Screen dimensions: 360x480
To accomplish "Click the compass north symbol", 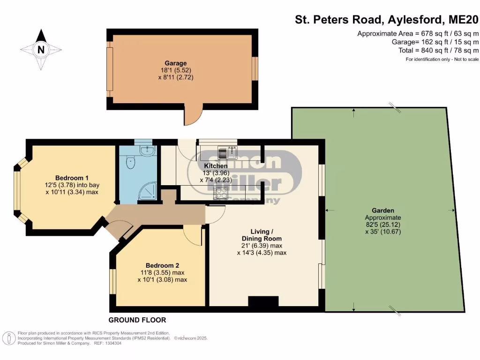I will pyautogui.click(x=41, y=49).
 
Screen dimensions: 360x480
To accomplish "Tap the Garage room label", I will pyautogui.click(x=175, y=63).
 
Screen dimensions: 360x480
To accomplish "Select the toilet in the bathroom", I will pyautogui.click(x=130, y=162).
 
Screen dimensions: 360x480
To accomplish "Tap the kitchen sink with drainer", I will pyautogui.click(x=227, y=152).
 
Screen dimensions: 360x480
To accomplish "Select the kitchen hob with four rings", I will pyautogui.click(x=220, y=191).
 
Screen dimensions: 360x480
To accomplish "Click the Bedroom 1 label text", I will pyautogui.click(x=72, y=178).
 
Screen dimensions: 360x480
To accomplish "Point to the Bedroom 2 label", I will pyautogui.click(x=162, y=264).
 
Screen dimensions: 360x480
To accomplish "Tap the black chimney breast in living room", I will pyautogui.click(x=263, y=301).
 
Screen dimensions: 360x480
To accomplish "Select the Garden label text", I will pyautogui.click(x=383, y=210).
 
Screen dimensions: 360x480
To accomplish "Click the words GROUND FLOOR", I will pyautogui.click(x=137, y=320).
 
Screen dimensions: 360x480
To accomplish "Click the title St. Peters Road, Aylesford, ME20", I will pyautogui.click(x=387, y=20).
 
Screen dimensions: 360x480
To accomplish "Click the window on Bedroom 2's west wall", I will pyautogui.click(x=112, y=281).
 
